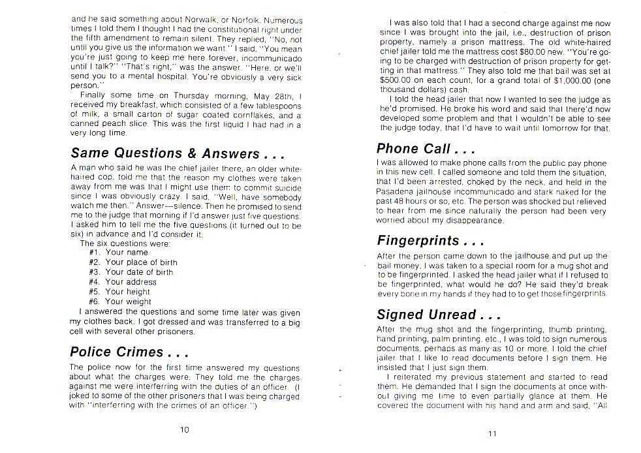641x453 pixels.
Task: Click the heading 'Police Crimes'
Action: pyautogui.click(x=129, y=352)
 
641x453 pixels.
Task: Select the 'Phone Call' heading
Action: pyautogui.click(x=425, y=148)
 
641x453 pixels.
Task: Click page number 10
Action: pyautogui.click(x=185, y=429)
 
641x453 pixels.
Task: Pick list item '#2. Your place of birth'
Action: pyautogui.click(x=133, y=262)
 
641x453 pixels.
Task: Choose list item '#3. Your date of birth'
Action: pyautogui.click(x=131, y=272)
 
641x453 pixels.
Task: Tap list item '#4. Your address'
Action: pyautogui.click(x=122, y=282)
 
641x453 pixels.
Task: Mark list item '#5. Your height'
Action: pyautogui.click(x=119, y=292)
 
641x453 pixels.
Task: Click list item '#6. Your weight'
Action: pyautogui.click(x=120, y=302)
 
